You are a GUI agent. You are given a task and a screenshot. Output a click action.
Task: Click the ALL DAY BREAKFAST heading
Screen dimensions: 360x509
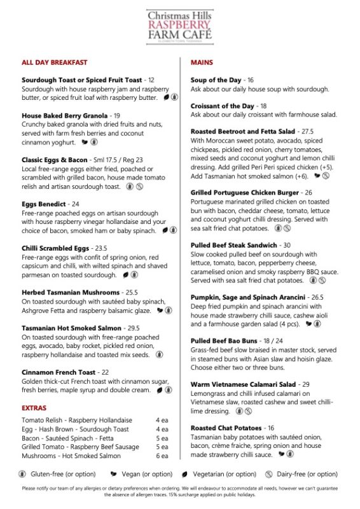[x=54, y=62]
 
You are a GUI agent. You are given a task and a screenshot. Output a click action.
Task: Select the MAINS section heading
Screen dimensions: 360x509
[x=202, y=62]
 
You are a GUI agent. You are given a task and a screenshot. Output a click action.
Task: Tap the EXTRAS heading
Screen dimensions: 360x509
[x=34, y=407]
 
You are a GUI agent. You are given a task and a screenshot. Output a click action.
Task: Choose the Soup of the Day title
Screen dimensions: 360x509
[x=216, y=80]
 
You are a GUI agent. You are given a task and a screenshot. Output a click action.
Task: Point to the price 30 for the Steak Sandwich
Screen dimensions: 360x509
[x=286, y=245]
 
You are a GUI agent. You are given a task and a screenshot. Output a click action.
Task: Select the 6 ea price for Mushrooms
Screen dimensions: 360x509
[x=162, y=456]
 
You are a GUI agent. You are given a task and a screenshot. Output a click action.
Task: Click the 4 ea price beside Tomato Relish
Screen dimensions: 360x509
[x=162, y=421]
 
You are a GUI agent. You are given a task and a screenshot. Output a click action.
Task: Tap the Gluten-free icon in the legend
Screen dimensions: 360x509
[x=22, y=474]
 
